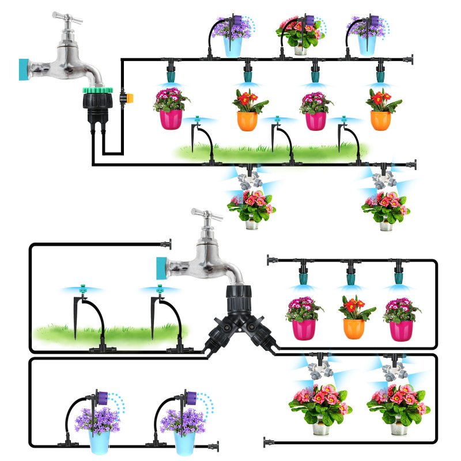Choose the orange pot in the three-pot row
coord(354,328)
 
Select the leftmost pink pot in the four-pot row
coord(171,119)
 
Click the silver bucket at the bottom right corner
coord(399,427)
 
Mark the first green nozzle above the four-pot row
coord(171,75)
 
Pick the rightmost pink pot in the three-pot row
coord(400,329)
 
